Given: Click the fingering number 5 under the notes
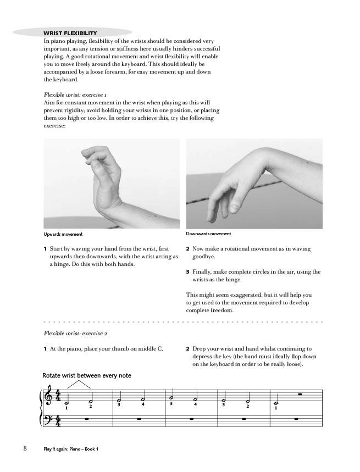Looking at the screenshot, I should click(171, 404).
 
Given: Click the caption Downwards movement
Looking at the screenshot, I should click(208, 234).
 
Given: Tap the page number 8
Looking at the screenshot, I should click(25, 449).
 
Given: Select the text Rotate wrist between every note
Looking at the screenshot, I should click(87, 376).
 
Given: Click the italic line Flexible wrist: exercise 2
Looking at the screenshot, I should click(75, 334).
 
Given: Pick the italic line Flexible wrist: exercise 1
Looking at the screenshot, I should click(75, 95).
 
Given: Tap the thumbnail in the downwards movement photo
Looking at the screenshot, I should click(234, 206).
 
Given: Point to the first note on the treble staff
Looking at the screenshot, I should click(67, 403).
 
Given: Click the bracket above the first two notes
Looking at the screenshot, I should click(79, 385).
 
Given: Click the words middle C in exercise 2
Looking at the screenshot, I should click(158, 348).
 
